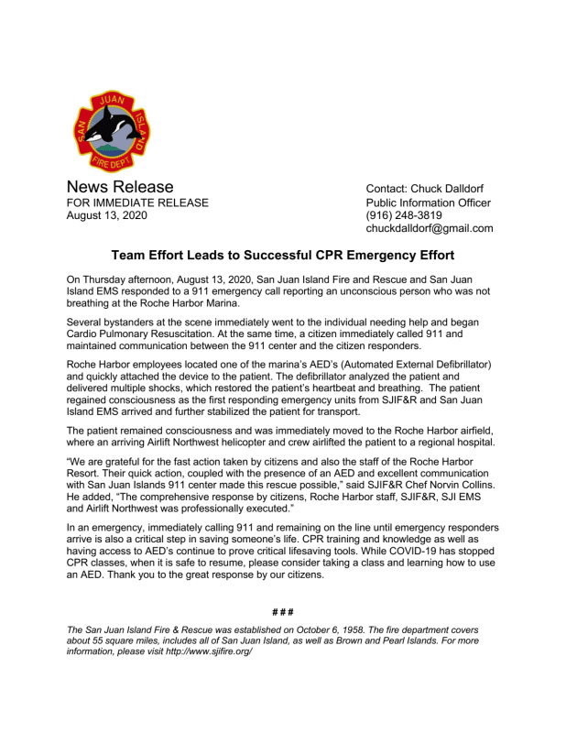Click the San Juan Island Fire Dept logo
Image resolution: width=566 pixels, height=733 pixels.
coord(112,134)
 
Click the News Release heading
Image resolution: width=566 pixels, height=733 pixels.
coord(121,188)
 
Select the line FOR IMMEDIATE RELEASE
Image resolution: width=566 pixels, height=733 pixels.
coord(138,203)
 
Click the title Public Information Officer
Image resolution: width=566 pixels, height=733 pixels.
coord(428,203)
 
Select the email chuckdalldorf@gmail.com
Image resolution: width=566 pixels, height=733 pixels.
coord(430,229)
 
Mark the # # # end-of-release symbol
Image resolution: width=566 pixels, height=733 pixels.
coord(282,611)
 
